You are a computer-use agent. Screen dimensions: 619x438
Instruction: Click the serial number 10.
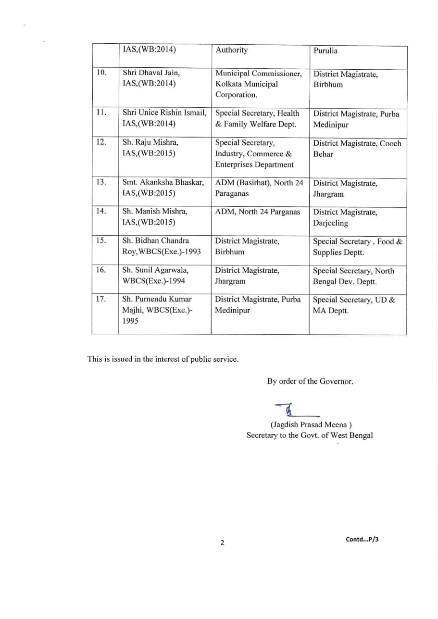click(x=101, y=73)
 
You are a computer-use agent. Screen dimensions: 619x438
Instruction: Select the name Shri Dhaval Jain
click(x=151, y=73)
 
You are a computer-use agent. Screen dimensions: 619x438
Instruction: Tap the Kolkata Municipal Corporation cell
click(x=259, y=84)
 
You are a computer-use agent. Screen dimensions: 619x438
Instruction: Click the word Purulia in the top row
click(x=325, y=51)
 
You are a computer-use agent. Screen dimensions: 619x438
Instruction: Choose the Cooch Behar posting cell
click(x=357, y=149)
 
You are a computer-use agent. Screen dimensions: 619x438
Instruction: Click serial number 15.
click(x=101, y=240)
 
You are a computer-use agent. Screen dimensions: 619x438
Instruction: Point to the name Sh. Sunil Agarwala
click(x=155, y=270)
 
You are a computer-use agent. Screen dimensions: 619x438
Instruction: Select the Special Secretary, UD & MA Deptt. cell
click(x=354, y=305)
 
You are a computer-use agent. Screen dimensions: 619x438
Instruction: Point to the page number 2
click(x=222, y=543)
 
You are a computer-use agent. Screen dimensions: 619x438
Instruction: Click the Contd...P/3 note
click(x=362, y=539)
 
